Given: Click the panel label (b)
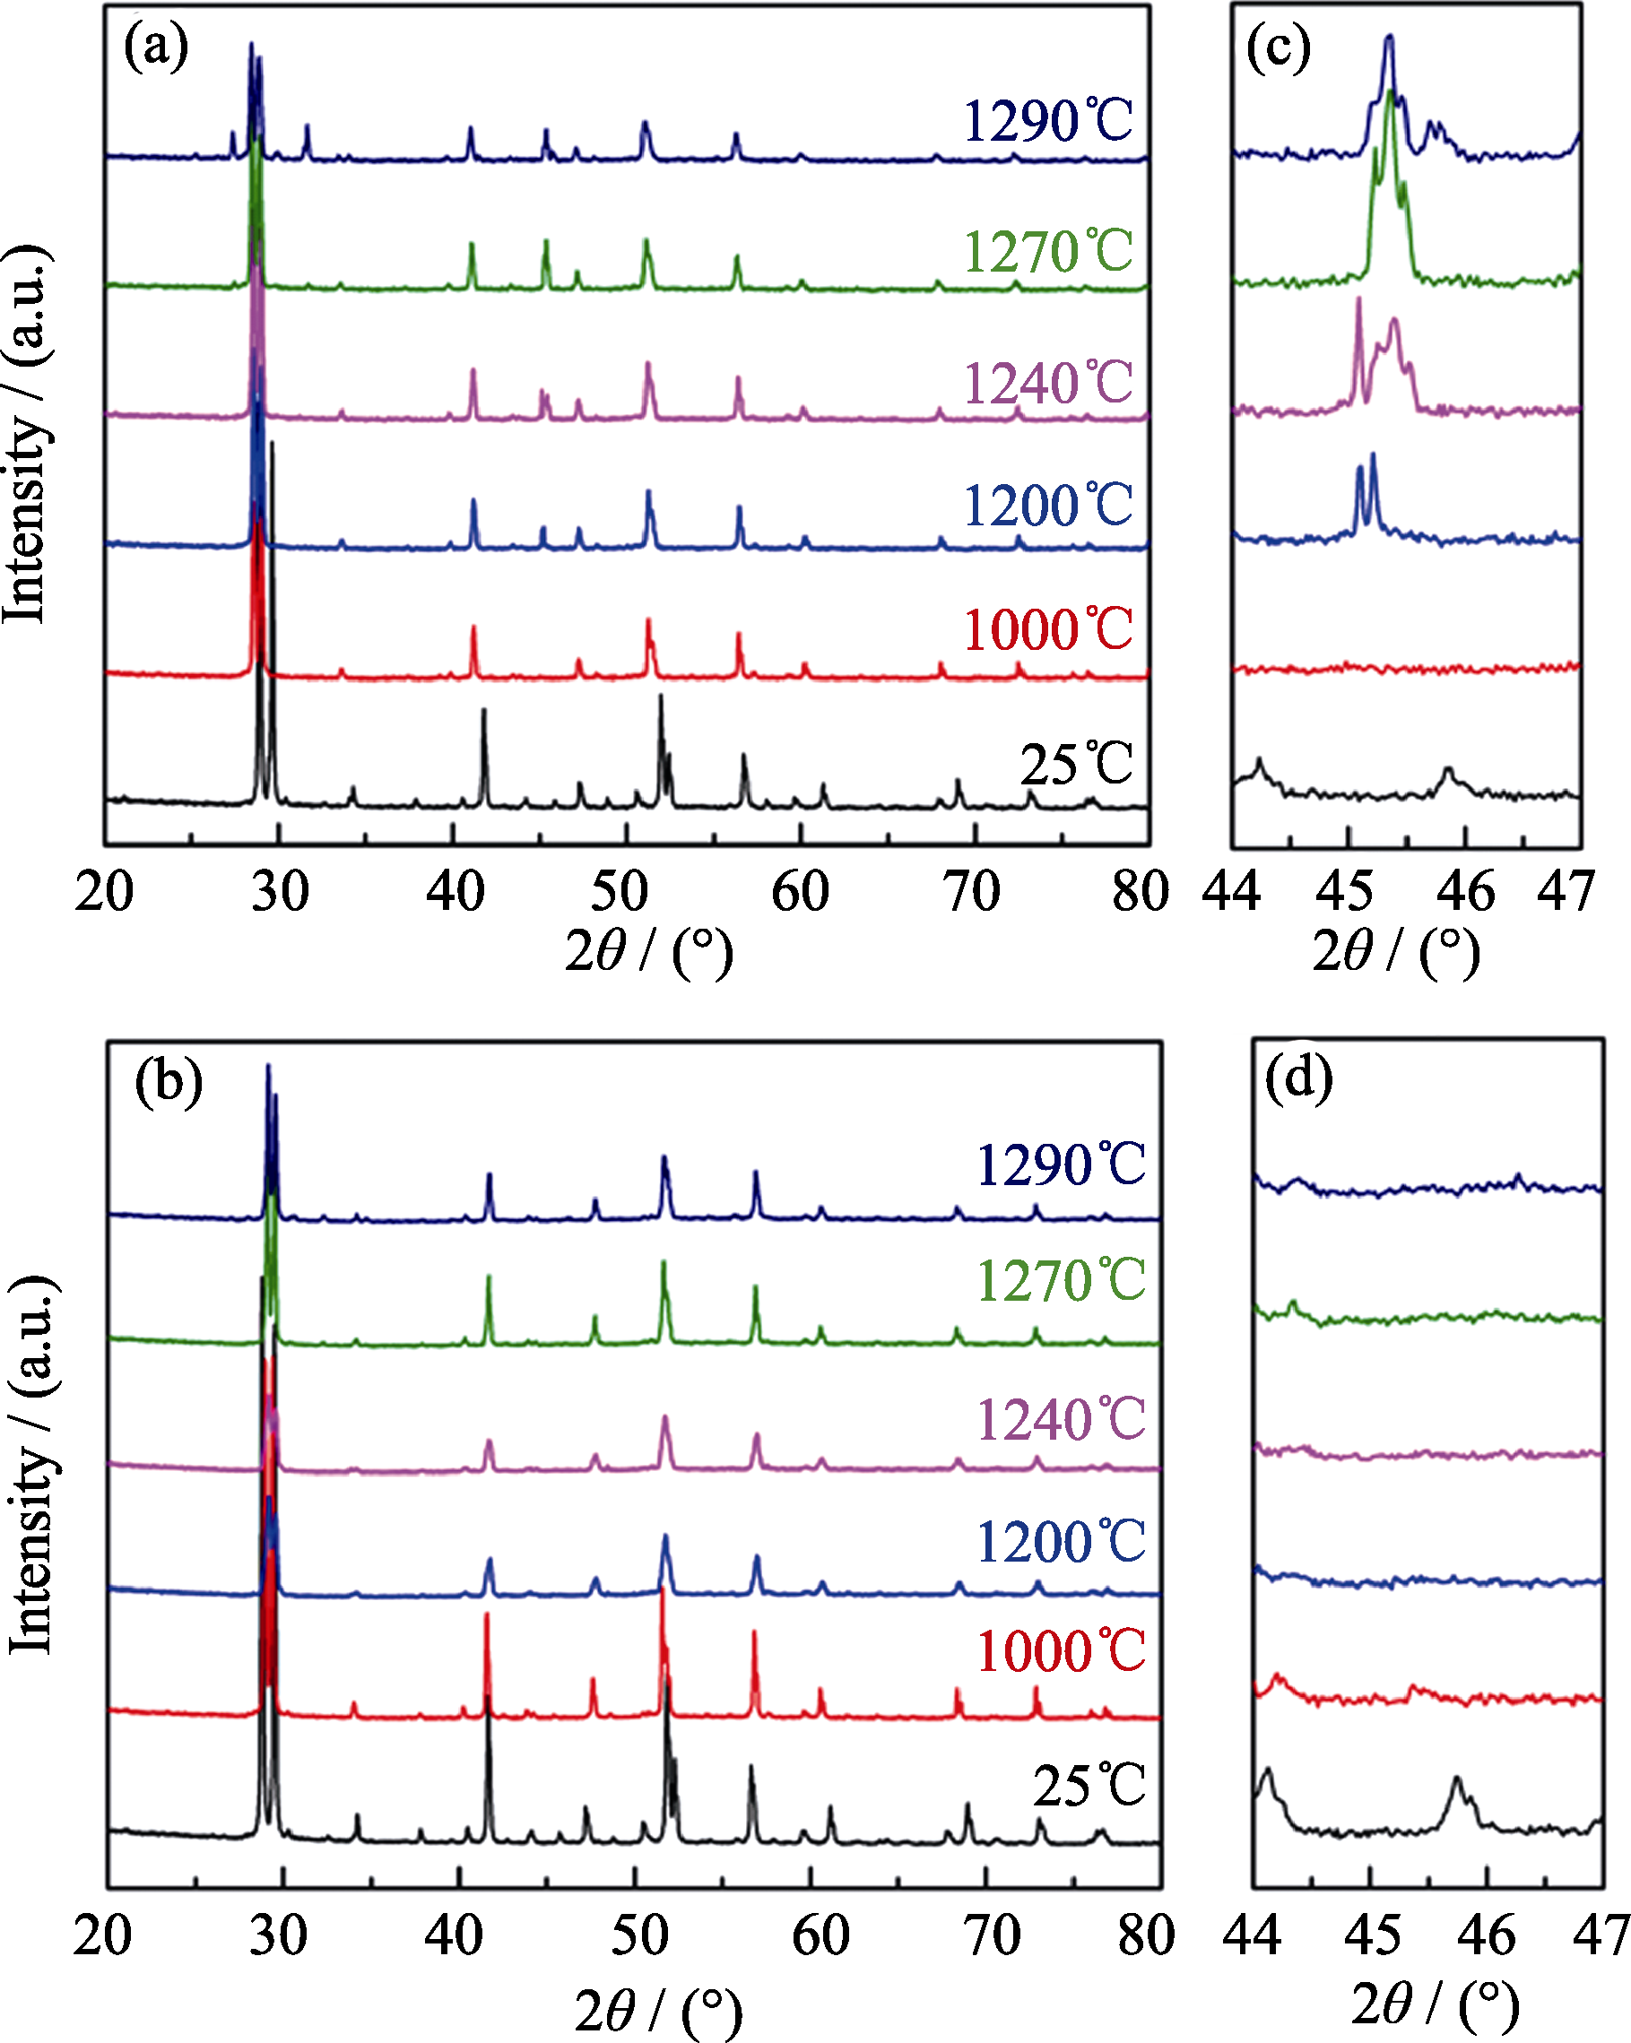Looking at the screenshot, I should pyautogui.click(x=168, y=1082).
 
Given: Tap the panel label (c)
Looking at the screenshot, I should pyautogui.click(x=1278, y=48).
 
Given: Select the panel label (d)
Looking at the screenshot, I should pyautogui.click(x=1298, y=1078).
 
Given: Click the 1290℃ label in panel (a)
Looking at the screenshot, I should pyautogui.click(x=1047, y=121).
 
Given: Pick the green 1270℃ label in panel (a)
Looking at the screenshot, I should pyautogui.click(x=1047, y=252).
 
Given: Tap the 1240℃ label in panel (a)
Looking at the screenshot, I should pyautogui.click(x=1047, y=383).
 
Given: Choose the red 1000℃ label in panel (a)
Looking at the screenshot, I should pyautogui.click(x=1047, y=629).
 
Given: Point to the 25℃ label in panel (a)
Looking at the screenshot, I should pyautogui.click(x=1076, y=764).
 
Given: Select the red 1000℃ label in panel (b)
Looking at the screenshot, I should pyautogui.click(x=1061, y=1651).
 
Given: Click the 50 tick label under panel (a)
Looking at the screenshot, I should pyautogui.click(x=619, y=893).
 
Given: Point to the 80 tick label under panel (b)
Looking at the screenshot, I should pyautogui.click(x=1146, y=1935).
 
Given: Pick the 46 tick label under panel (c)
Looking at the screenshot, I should pyautogui.click(x=1465, y=893).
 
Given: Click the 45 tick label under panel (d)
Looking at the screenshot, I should pyautogui.click(x=1371, y=1935).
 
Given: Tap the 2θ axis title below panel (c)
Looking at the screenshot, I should pyautogui.click(x=1395, y=951).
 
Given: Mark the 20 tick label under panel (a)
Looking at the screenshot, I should pyautogui.click(x=104, y=893).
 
